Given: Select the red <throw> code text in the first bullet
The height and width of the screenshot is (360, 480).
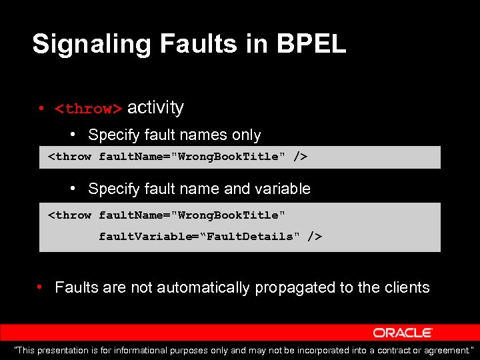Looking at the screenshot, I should [x=89, y=109].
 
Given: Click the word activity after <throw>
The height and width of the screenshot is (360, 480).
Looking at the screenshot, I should [x=155, y=107].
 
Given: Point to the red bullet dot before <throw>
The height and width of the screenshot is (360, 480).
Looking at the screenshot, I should [x=41, y=109].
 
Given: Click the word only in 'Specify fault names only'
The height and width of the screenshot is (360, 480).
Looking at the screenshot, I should [x=246, y=135].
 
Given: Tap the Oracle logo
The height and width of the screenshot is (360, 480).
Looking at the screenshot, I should [x=403, y=333].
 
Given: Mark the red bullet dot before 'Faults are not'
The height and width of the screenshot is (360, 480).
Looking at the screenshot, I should [x=41, y=288].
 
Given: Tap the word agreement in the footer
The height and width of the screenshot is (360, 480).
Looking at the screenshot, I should [x=446, y=351].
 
